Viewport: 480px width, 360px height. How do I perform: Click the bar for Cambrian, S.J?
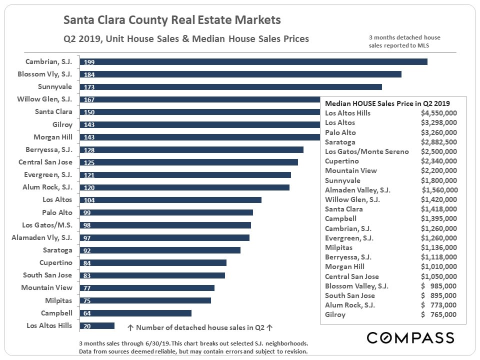coord(253,61)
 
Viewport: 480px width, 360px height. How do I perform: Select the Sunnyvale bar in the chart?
coord(230,86)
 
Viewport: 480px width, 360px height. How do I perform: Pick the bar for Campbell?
coord(135,313)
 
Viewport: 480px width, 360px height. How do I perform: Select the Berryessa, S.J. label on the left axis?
coord(49,149)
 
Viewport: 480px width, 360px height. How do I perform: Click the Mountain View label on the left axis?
coord(46,287)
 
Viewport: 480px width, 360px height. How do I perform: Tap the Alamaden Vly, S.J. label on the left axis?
coord(42,237)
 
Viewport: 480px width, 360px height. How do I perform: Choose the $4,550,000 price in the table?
coord(438,113)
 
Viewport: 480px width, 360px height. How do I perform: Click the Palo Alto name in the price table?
coord(340,132)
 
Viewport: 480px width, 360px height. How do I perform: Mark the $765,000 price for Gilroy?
coord(438,314)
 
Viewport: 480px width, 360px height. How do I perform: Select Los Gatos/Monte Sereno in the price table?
coord(367,151)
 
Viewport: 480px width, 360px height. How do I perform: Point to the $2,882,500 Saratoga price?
coord(438,142)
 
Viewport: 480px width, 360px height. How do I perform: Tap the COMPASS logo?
coord(410,337)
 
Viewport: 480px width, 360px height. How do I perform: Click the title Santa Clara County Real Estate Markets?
coord(172,20)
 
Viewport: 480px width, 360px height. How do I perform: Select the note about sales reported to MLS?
coord(404,41)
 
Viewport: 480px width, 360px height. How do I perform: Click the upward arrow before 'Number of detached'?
coord(130,328)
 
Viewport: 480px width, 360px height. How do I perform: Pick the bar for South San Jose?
coord(152,275)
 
